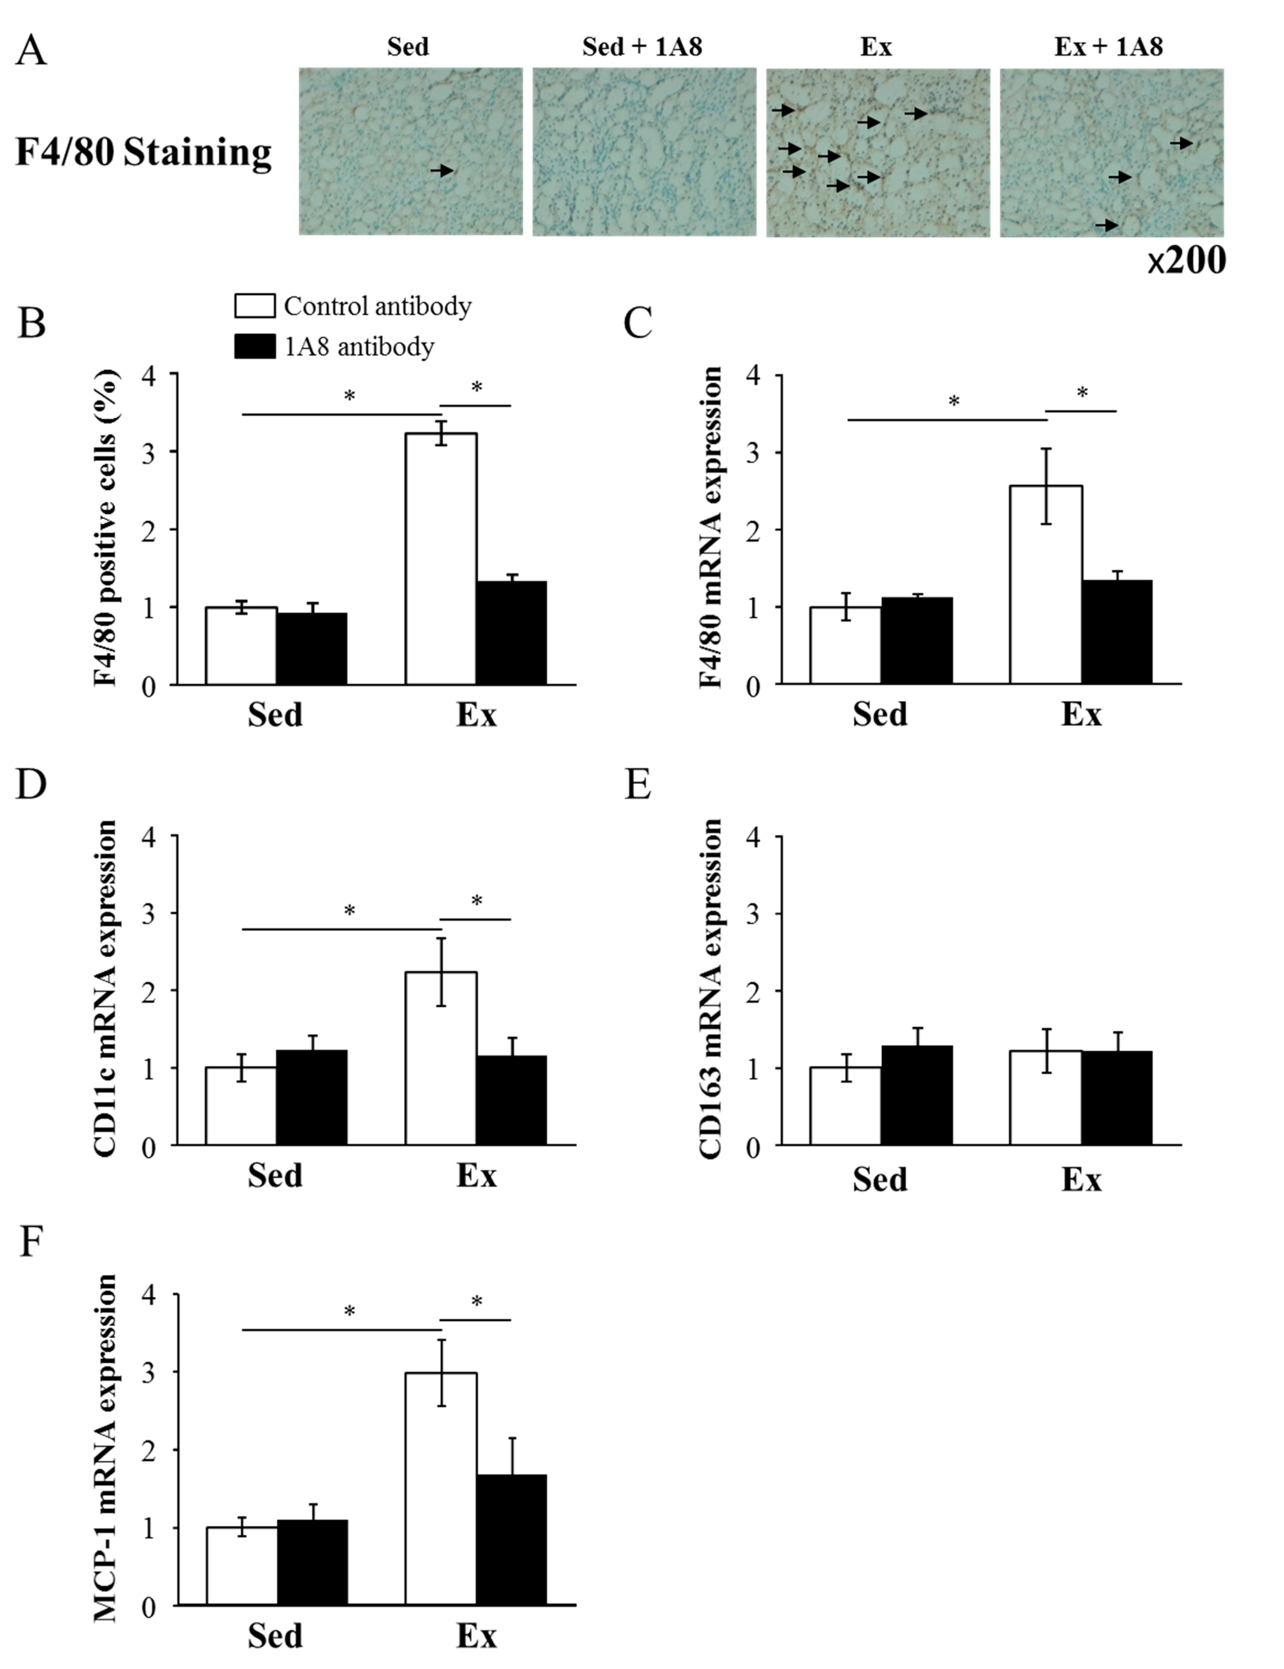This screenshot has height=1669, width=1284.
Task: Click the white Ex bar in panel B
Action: coord(441,558)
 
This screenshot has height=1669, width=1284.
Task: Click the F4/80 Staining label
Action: coord(144,152)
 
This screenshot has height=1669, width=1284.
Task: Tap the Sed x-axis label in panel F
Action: coord(275,1635)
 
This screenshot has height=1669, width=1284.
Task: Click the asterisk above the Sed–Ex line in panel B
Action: coord(349,396)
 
